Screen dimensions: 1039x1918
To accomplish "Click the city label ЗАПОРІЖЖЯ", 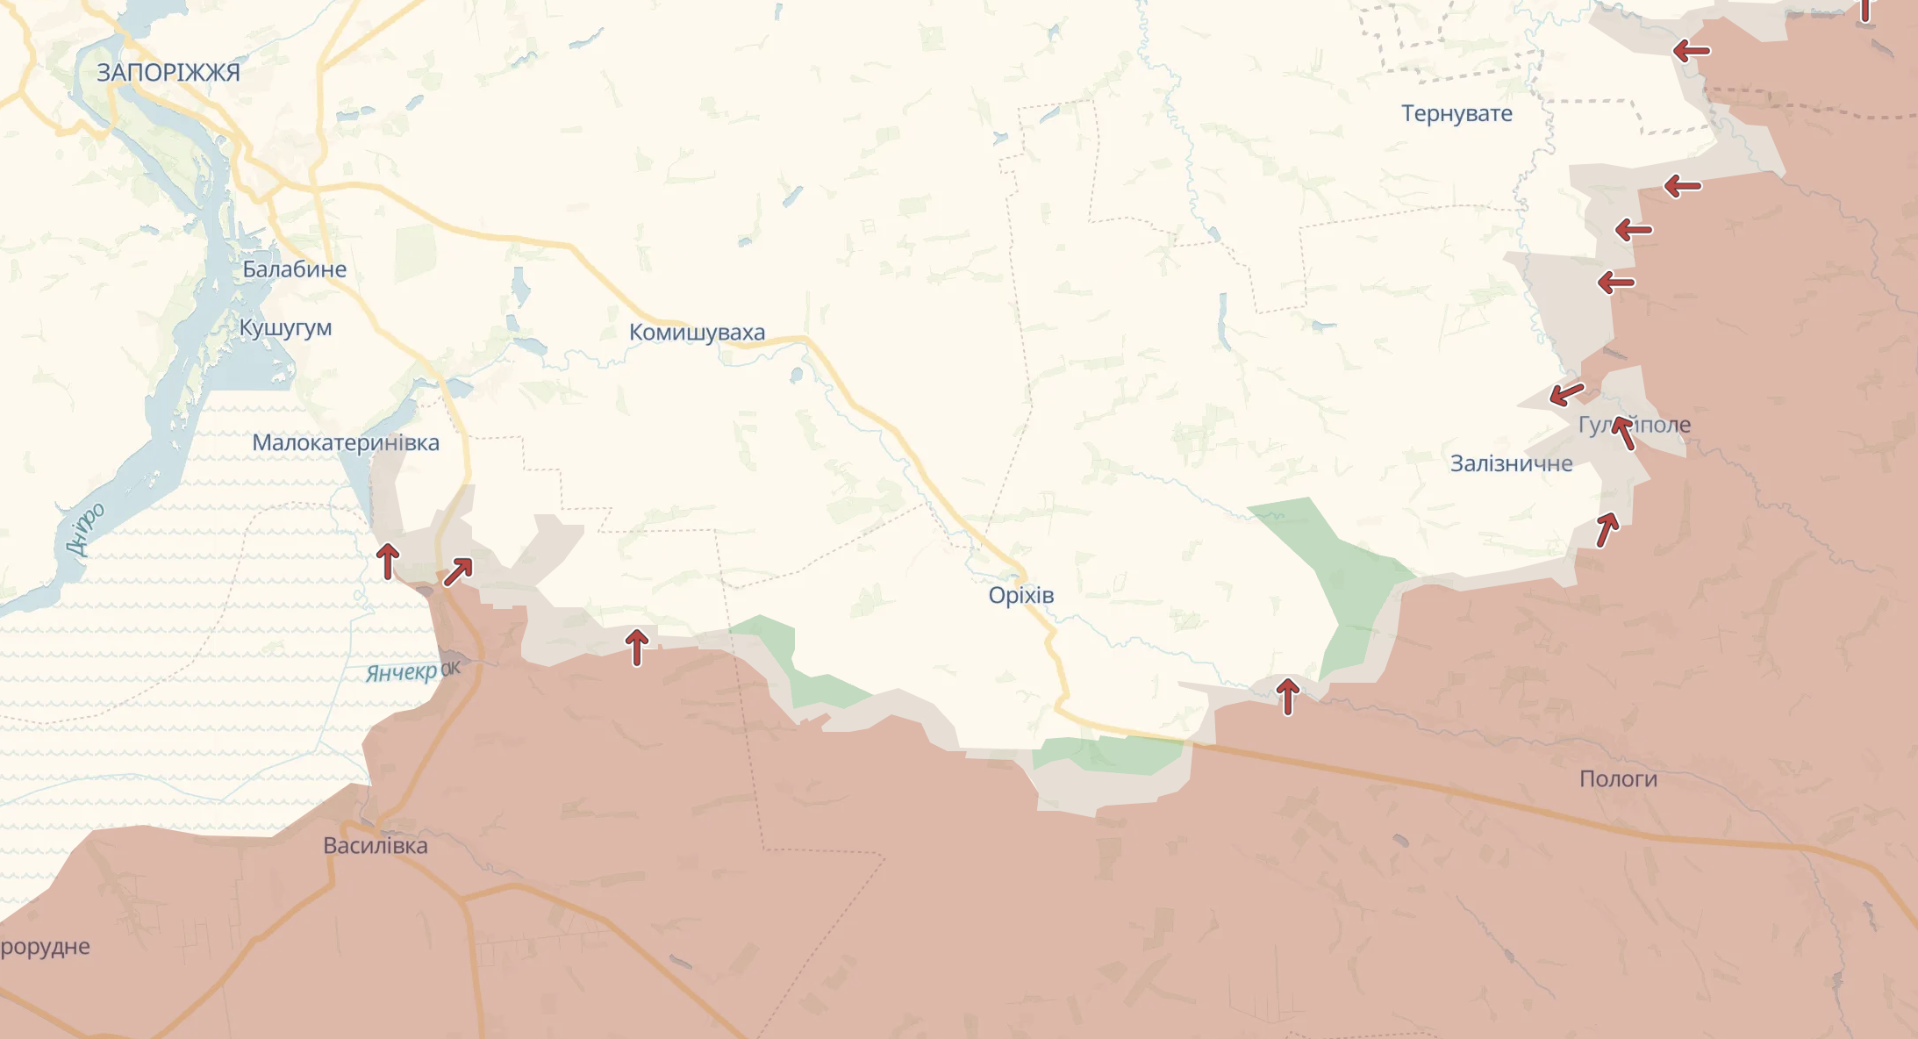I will point(168,73).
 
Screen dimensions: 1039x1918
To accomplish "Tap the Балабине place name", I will point(294,269).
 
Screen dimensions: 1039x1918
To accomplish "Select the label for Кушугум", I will point(285,328).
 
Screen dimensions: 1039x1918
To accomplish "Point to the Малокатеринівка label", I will point(346,442).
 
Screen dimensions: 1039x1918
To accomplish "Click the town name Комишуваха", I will point(697,333).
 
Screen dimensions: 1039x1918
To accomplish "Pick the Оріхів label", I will point(1020,595).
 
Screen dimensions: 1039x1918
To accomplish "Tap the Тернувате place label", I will point(1456,114).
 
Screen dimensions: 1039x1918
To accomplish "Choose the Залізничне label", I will point(1511,463).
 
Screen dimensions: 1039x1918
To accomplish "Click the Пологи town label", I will point(1618,779).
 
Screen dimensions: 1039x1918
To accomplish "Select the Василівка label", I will point(376,846).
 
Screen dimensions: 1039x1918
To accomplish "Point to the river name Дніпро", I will point(86,529).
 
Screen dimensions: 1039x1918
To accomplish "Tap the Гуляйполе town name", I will point(1634,426).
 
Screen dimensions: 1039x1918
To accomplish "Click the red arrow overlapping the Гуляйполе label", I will point(1623,434).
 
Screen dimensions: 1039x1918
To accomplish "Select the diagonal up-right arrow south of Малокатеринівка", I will point(458,571).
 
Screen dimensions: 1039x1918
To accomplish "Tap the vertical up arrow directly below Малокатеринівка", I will point(388,561).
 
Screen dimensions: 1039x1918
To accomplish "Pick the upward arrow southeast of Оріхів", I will point(1287,696).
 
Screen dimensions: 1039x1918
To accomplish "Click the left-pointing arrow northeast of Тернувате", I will point(1691,51).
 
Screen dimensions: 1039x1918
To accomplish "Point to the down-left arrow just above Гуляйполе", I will point(1567,394).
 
